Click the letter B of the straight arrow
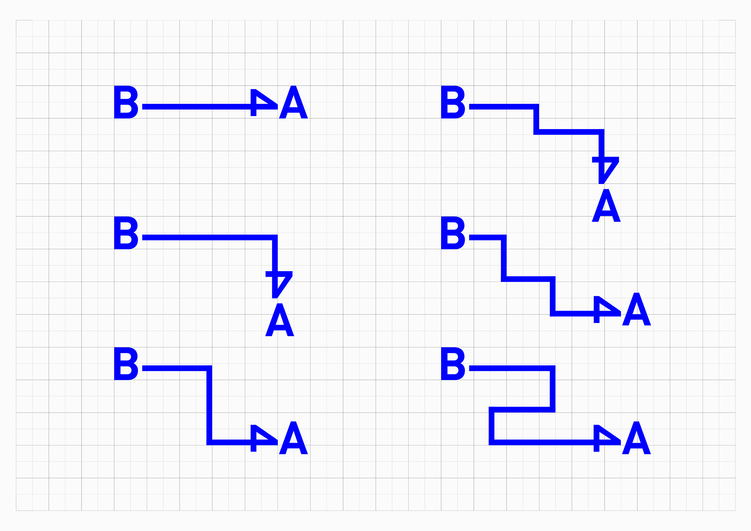click(x=126, y=102)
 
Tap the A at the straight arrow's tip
click(x=293, y=103)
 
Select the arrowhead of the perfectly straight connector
click(x=263, y=103)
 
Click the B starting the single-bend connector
click(x=126, y=233)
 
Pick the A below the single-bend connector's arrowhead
click(x=279, y=320)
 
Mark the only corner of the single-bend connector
click(x=275, y=237)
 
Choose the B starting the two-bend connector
click(x=126, y=364)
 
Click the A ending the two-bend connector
click(x=293, y=438)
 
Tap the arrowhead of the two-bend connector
click(x=263, y=438)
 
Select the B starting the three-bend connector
click(x=453, y=102)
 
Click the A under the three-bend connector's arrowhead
click(x=606, y=206)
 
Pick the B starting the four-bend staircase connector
click(x=453, y=233)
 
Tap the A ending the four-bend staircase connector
click(x=636, y=309)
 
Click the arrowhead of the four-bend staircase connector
click(x=606, y=309)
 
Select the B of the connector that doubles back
click(x=453, y=364)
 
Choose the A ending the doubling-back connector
click(x=636, y=438)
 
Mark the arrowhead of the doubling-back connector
click(x=606, y=438)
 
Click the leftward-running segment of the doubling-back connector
click(x=522, y=409)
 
